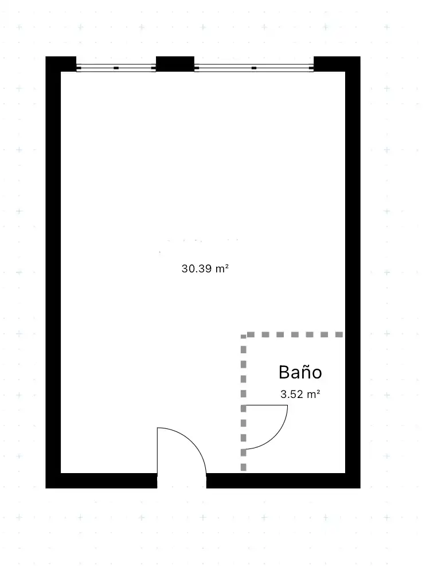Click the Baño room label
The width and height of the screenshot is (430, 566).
point(300,372)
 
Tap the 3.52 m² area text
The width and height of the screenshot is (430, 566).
point(300,394)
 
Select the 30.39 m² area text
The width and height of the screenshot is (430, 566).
point(205,268)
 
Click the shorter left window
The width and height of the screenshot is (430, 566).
point(116,68)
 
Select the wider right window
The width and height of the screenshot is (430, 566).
point(254,68)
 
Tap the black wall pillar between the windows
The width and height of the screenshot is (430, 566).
point(175,64)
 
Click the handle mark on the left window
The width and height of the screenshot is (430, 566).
point(116,68)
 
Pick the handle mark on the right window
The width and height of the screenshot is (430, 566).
point(254,68)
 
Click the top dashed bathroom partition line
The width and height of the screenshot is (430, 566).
point(292,335)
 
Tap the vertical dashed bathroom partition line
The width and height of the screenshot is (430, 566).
point(243,403)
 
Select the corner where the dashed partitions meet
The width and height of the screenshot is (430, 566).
point(243,335)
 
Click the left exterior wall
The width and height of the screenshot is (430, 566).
point(53,272)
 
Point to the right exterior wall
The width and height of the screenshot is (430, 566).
point(353,272)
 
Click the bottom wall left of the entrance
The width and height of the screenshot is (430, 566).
point(101,481)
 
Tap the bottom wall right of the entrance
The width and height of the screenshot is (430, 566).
point(283,481)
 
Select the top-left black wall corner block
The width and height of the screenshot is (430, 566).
point(61,64)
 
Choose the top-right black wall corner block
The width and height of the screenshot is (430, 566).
point(337,64)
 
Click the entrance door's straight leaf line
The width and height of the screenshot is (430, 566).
point(158,451)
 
